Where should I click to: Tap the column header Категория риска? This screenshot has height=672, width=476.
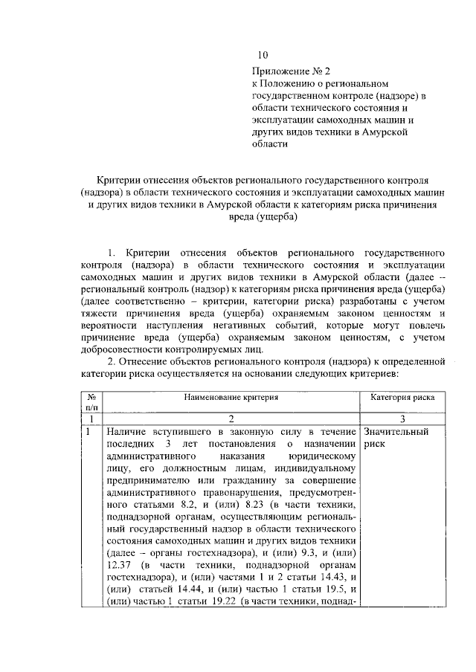pyautogui.click(x=402, y=398)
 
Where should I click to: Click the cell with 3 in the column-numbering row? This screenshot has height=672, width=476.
pyautogui.click(x=402, y=419)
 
